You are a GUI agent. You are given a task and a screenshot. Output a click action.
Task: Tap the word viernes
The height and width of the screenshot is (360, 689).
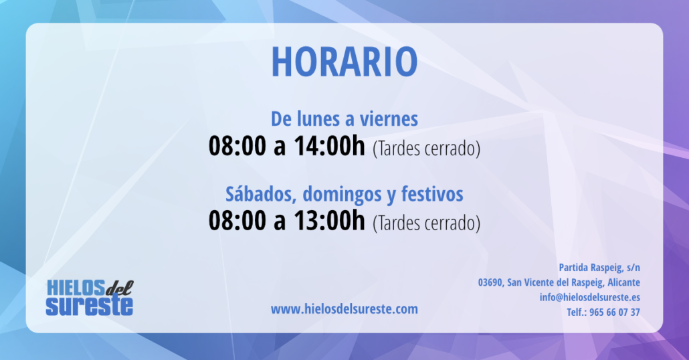tap(389, 118)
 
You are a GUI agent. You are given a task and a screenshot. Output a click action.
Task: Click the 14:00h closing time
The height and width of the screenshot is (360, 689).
tap(329, 145)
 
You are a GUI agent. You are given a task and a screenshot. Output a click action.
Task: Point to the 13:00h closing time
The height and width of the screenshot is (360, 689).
tap(329, 220)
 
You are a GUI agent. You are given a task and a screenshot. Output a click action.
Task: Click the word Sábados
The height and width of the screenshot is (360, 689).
tap(261, 194)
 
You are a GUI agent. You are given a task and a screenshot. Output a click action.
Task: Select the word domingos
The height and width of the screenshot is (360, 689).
tap(342, 195)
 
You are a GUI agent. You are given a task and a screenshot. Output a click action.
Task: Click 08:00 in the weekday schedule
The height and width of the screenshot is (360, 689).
tap(237, 145)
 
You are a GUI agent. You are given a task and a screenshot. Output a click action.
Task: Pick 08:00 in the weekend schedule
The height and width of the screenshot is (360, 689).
tap(237, 220)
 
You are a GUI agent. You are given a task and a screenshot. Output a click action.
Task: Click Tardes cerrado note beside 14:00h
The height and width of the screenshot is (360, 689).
tap(426, 149)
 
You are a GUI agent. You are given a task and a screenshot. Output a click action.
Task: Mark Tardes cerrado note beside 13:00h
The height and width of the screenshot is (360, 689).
tap(426, 223)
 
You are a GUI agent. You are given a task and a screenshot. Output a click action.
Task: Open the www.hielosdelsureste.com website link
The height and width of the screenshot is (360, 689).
tap(344, 309)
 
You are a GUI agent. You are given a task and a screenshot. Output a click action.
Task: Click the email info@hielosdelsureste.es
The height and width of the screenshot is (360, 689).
tap(590, 297)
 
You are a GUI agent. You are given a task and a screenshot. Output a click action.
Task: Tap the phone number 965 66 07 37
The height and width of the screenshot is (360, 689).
tap(614, 312)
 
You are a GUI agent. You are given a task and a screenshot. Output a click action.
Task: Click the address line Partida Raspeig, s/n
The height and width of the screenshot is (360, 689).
tap(599, 268)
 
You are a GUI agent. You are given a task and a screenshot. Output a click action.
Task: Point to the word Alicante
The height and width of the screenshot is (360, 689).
tap(623, 282)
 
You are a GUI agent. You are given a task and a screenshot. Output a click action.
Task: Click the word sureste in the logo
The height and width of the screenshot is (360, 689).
tap(89, 306)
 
